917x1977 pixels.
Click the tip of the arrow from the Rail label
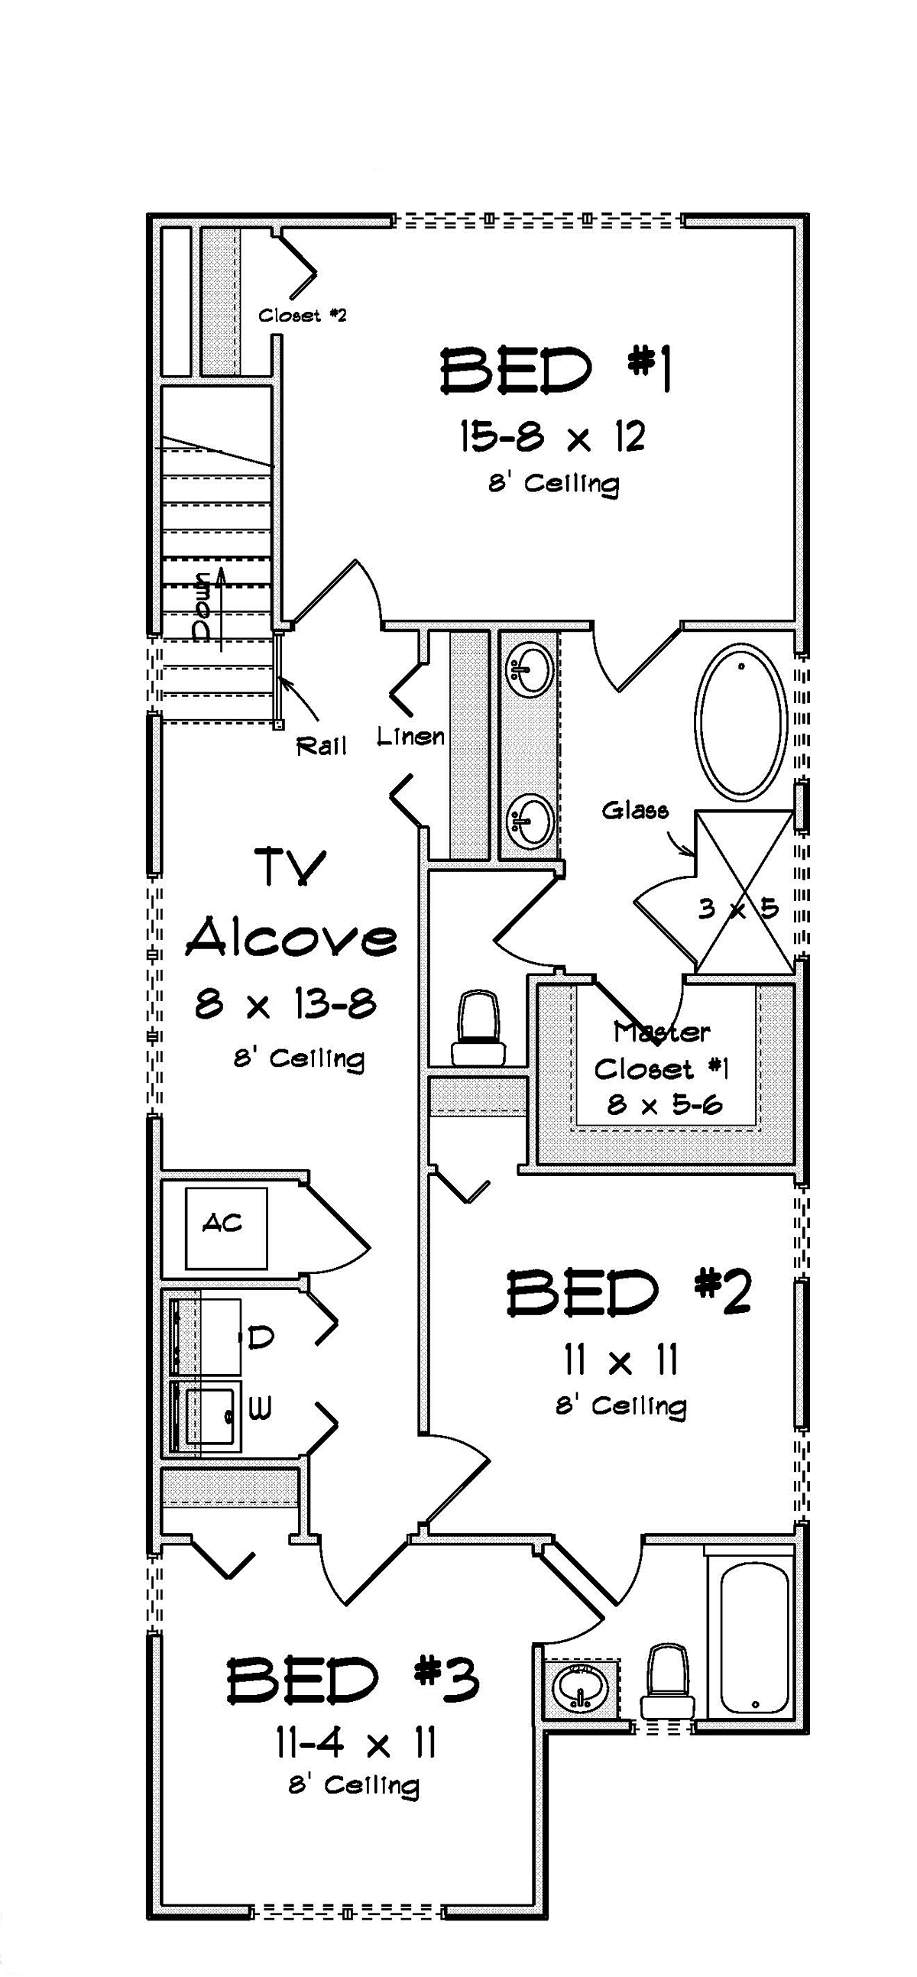tap(280, 678)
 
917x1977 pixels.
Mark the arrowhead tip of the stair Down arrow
tap(222, 569)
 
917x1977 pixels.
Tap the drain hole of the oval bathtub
tap(741, 666)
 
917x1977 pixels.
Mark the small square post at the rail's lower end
tap(279, 724)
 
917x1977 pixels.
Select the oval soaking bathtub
tap(741, 721)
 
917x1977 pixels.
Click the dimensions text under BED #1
tap(552, 436)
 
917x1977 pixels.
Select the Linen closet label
tap(411, 737)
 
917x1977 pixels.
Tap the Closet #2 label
tap(303, 315)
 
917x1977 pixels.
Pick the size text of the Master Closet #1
tap(666, 1105)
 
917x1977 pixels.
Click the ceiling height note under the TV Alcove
tap(300, 1058)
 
